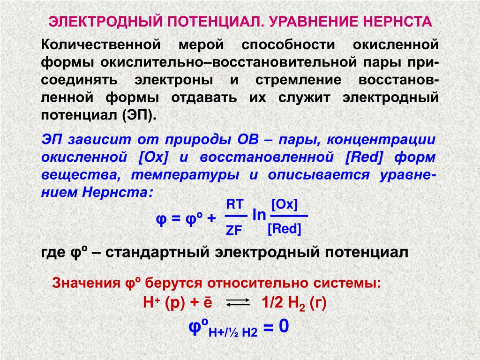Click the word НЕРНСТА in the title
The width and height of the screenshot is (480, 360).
pyautogui.click(x=397, y=22)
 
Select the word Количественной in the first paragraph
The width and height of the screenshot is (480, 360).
pyautogui.click(x=101, y=45)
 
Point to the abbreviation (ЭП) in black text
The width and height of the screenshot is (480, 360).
pyautogui.click(x=139, y=115)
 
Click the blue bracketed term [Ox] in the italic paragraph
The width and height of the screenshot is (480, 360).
pyautogui.click(x=153, y=157)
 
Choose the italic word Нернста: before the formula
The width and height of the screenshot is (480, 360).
pyautogui.click(x=118, y=193)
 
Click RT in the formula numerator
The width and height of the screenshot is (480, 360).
pyautogui.click(x=235, y=204)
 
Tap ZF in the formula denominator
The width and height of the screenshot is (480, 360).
pyautogui.click(x=234, y=231)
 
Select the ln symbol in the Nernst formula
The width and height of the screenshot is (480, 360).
pyautogui.click(x=259, y=215)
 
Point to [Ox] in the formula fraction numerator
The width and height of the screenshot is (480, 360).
pyautogui.click(x=285, y=204)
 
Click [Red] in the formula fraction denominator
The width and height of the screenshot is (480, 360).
pyautogui.click(x=285, y=229)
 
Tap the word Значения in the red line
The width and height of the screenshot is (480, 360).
pyautogui.click(x=86, y=283)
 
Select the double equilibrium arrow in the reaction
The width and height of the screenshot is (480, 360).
pyautogui.click(x=238, y=303)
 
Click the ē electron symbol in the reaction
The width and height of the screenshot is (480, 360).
pyautogui.click(x=208, y=302)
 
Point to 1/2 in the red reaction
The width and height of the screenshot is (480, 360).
pyautogui.click(x=272, y=303)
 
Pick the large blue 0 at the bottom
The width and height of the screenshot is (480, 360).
pyautogui.click(x=284, y=326)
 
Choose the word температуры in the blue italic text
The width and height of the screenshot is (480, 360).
pyautogui.click(x=185, y=175)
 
